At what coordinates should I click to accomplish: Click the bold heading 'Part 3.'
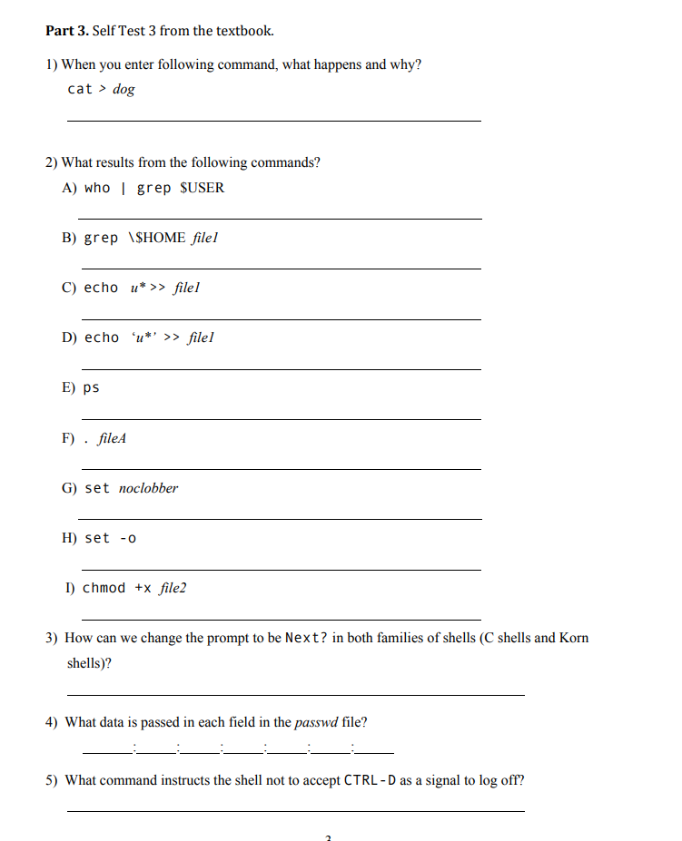[67, 31]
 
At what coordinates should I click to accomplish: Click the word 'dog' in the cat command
[124, 89]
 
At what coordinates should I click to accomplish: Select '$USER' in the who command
[203, 188]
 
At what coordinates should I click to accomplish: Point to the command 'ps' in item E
[91, 388]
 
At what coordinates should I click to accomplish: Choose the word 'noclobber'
[148, 488]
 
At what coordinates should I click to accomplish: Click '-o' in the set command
[128, 538]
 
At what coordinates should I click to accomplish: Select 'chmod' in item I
[104, 588]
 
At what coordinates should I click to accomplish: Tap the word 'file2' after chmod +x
[173, 588]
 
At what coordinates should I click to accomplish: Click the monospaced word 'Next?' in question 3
[307, 638]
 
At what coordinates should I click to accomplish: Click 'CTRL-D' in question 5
[370, 780]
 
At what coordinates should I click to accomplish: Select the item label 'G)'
[70, 488]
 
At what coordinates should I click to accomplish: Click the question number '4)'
[53, 722]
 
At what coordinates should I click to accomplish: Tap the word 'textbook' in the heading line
[242, 31]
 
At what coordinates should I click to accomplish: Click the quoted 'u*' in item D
[144, 337]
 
